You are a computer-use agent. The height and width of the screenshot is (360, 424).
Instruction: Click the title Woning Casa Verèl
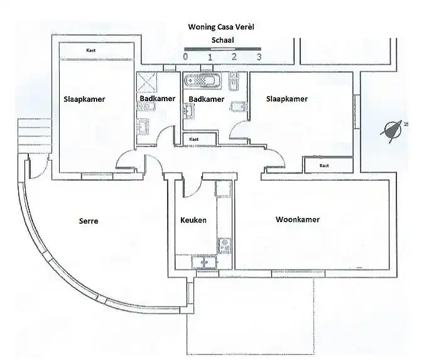[221, 27]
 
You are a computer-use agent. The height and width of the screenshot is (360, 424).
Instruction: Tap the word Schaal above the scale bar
[222, 40]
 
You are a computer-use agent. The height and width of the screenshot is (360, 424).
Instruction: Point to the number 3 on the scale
[259, 57]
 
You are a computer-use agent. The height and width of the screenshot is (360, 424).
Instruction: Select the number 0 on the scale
[185, 57]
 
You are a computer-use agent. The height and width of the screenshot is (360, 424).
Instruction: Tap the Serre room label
[89, 221]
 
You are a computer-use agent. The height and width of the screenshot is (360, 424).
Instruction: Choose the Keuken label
[193, 220]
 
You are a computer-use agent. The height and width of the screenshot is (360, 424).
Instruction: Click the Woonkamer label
[298, 219]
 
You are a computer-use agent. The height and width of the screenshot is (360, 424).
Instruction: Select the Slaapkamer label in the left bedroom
[84, 99]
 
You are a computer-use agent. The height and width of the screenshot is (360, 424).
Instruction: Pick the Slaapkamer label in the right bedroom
[287, 99]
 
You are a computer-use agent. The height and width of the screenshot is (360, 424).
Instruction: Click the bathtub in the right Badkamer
[202, 80]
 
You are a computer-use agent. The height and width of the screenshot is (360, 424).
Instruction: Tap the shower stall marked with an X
[146, 82]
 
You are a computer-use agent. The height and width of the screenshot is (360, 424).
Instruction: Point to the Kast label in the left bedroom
[91, 50]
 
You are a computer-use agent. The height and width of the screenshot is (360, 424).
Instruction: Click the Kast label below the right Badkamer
[194, 139]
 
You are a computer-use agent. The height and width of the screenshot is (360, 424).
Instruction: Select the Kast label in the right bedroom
[324, 165]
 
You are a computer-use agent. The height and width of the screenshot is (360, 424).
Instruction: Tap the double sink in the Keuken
[204, 263]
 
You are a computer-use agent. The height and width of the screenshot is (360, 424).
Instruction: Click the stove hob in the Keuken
[224, 246]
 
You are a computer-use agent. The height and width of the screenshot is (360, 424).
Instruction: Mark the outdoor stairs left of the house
[35, 136]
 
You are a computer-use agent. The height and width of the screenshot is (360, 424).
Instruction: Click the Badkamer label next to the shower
[158, 99]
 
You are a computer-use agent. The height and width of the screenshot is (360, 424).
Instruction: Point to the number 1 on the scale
[210, 57]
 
